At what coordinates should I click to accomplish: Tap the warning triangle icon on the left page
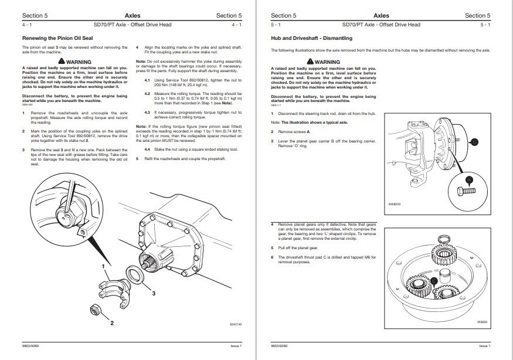click(62, 61)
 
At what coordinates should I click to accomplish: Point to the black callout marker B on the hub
click(475, 141)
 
